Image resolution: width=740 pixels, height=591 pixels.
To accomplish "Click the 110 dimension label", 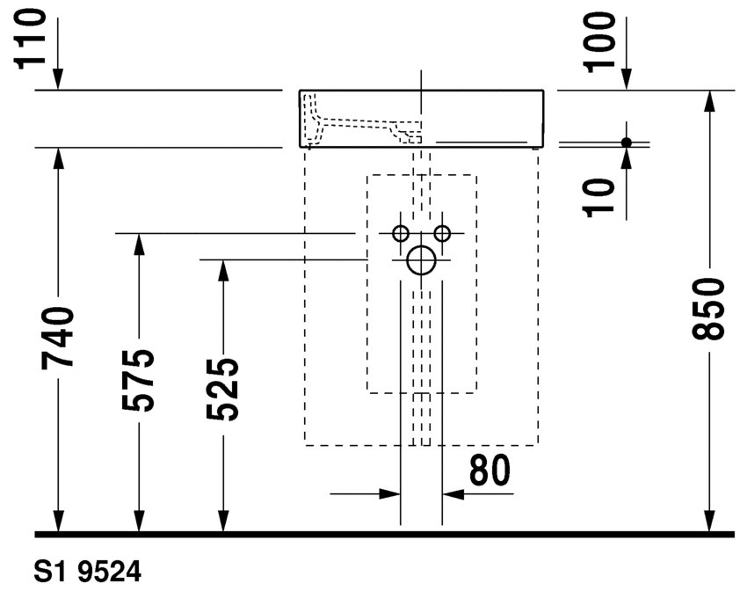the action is pos(32,40).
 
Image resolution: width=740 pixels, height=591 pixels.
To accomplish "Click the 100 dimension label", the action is pos(600,42).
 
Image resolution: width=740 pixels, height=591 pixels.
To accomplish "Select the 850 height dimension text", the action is pos(707,309).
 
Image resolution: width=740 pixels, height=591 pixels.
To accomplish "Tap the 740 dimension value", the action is pos(58,338).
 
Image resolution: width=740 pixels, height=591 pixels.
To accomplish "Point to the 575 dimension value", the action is pos(138,380).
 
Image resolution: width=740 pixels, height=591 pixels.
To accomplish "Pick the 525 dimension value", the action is pos(222,390).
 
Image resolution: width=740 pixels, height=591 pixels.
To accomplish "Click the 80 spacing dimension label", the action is pos(490,470).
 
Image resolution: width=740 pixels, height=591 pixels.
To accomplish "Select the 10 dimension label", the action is pos(599,198).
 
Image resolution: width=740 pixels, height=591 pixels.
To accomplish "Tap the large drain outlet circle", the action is pos(421,260).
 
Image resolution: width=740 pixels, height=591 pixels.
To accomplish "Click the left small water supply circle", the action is pos(401,233).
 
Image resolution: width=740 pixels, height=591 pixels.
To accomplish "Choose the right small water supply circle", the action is pos(442,233).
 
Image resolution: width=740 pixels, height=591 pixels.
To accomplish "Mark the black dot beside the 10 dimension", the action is pos(627,142).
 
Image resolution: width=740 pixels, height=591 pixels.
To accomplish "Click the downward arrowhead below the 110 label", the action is pos(58,79).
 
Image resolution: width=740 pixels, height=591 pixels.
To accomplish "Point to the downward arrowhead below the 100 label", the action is pos(627,79).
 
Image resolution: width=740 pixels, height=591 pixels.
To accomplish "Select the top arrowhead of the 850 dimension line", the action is pos(707,100).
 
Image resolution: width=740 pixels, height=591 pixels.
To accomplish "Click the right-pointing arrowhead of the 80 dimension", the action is pos(390,494).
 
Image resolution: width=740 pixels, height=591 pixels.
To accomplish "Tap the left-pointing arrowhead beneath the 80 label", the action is pos(453,494).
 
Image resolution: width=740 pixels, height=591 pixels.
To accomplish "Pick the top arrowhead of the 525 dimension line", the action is pos(223,271).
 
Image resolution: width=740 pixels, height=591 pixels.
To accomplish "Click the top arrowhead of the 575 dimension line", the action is pos(138,244).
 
